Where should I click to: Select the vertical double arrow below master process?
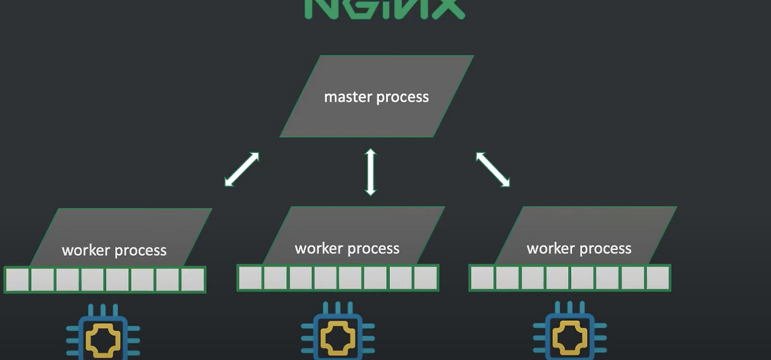(370, 172)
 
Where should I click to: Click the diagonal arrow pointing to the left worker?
(242, 169)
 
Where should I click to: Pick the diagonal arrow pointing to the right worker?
(493, 169)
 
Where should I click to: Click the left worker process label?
(114, 250)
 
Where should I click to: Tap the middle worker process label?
(347, 249)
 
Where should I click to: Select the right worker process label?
(579, 249)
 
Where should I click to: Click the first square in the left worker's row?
(17, 280)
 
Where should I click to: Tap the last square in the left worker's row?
(193, 280)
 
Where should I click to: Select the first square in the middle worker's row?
(250, 278)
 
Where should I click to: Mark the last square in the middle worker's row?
(426, 278)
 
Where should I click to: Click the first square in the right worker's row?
(482, 278)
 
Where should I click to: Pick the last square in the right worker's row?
(658, 278)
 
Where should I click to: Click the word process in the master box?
(402, 98)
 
